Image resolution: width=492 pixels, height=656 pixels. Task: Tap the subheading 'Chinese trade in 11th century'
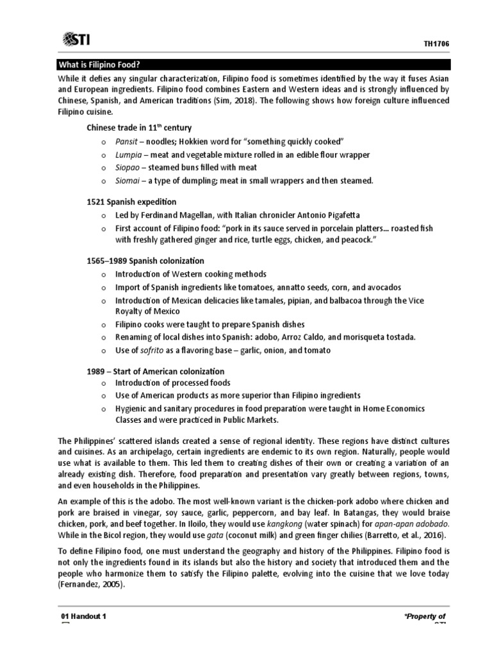[139, 127]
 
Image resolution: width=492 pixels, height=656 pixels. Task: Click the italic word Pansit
[126, 141]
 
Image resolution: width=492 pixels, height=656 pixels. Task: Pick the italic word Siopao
[127, 168]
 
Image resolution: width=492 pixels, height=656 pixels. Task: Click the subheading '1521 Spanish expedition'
[131, 202]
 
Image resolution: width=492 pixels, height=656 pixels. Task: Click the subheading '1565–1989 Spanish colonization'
[145, 261]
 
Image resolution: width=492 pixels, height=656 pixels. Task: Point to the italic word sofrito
[152, 350]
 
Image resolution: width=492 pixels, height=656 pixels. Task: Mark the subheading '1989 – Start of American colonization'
[156, 371]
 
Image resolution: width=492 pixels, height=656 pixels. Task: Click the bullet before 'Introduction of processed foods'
[102, 383]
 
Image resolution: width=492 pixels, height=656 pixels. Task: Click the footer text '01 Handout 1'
[83, 616]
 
